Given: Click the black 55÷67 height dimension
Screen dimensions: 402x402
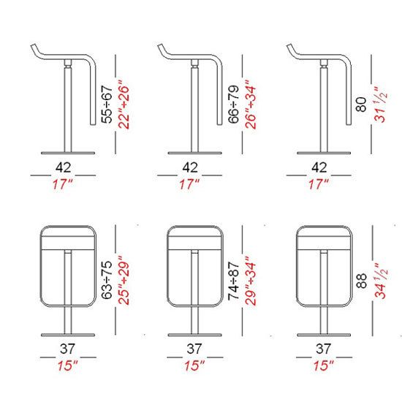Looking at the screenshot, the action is [107, 105].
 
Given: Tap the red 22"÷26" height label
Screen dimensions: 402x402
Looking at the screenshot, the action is [124, 105].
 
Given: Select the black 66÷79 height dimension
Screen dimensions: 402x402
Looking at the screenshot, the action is [234, 105].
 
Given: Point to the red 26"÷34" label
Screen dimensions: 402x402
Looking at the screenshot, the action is [251, 105].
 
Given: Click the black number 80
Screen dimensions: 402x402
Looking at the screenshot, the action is [361, 105].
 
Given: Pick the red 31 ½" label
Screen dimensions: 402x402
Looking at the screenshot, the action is [381, 105].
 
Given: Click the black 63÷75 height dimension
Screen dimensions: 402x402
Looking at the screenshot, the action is [107, 280].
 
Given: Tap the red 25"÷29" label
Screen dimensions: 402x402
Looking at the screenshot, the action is [124, 280].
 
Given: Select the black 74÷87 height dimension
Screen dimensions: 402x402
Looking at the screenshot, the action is [234, 281].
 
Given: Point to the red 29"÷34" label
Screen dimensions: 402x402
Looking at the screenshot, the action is [251, 280].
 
